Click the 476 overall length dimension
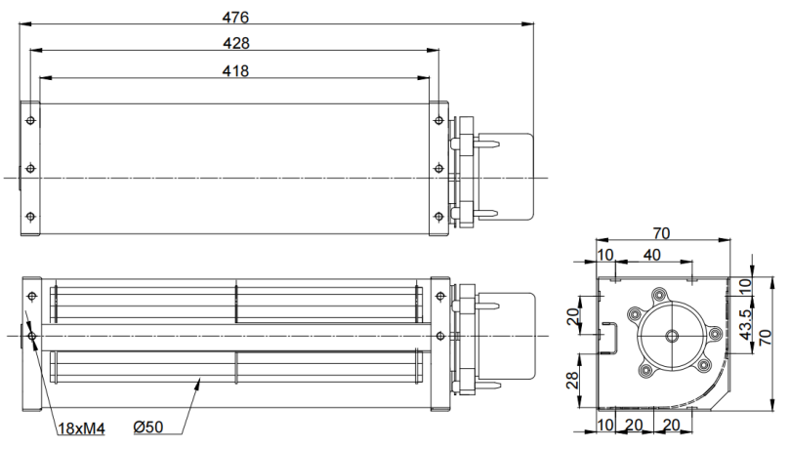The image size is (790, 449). point(235,18)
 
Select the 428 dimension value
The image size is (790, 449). point(235,43)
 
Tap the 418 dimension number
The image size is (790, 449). point(235,71)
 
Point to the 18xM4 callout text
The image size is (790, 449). point(81,429)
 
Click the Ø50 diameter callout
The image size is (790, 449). point(148,428)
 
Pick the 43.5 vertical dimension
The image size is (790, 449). point(746,324)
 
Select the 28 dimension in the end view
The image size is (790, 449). point(572,381)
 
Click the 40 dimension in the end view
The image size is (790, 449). point(651,255)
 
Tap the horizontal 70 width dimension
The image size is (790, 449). point(661,233)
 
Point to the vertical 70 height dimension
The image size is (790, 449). point(765,337)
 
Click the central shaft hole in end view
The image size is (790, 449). point(672,336)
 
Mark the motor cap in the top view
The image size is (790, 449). point(505,177)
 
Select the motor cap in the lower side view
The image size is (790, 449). point(507,336)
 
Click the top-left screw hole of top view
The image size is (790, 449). point(30,120)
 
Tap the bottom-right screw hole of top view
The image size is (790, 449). point(438,217)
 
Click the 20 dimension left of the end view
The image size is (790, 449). point(572,316)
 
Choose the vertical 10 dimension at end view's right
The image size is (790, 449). point(746,286)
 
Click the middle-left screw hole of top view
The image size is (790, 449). point(30,168)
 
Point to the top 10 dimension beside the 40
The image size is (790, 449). point(605,255)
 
